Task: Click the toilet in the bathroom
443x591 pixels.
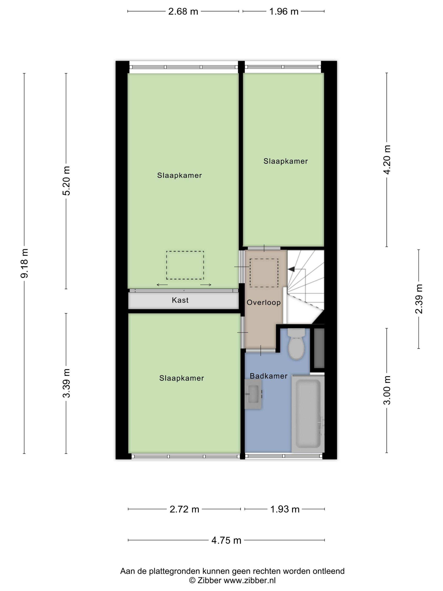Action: click(x=296, y=345)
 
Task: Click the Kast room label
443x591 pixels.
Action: click(x=180, y=300)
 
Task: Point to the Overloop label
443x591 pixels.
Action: click(x=263, y=302)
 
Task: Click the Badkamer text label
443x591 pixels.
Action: click(x=268, y=376)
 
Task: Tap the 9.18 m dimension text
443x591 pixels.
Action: click(x=24, y=263)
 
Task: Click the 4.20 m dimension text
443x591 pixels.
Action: click(x=387, y=160)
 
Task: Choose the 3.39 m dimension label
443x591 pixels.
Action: click(x=66, y=383)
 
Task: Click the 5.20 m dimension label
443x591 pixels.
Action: click(x=66, y=181)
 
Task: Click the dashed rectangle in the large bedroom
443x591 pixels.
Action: click(x=185, y=265)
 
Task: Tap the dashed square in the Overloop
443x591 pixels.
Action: click(x=264, y=273)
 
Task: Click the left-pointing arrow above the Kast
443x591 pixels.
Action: click(x=162, y=285)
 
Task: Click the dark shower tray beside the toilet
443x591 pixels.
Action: click(x=319, y=348)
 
